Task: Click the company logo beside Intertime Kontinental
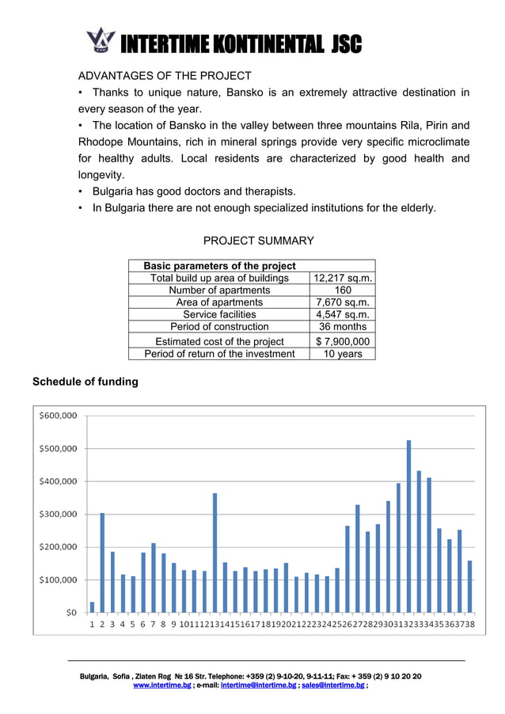[101, 40]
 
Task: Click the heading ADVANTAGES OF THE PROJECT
[164, 76]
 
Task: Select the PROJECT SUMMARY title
[259, 241]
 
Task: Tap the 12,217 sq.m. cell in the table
[343, 278]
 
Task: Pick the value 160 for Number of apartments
[343, 290]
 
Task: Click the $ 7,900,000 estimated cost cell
[343, 341]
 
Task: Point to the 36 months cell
[343, 326]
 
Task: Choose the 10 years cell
[343, 354]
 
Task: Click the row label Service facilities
[219, 314]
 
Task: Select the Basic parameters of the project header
[219, 266]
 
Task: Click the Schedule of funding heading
[85, 382]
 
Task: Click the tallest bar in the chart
[408, 526]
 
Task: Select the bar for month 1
[92, 607]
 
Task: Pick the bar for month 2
[102, 563]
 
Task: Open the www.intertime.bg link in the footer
[161, 686]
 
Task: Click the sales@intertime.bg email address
[333, 686]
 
